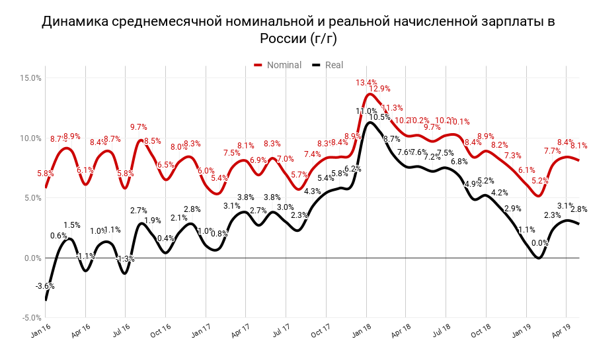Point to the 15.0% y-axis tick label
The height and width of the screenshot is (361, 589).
pos(31,77)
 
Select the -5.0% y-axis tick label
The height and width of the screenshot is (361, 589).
pos(31,317)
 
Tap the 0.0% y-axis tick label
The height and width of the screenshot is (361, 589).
pos(33,258)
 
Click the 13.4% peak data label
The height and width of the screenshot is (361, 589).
pos(366,83)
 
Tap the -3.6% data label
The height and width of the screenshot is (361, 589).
pos(45,286)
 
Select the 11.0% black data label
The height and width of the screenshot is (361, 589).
pos(366,111)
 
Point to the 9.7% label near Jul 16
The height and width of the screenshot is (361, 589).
pos(138,127)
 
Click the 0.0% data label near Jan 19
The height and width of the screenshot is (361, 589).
pos(539,243)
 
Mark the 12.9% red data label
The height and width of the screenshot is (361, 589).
pos(379,89)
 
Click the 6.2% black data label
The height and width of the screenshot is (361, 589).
pos(353,169)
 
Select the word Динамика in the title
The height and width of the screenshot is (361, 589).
pos(73,21)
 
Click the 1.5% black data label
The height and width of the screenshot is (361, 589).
pos(72,225)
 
